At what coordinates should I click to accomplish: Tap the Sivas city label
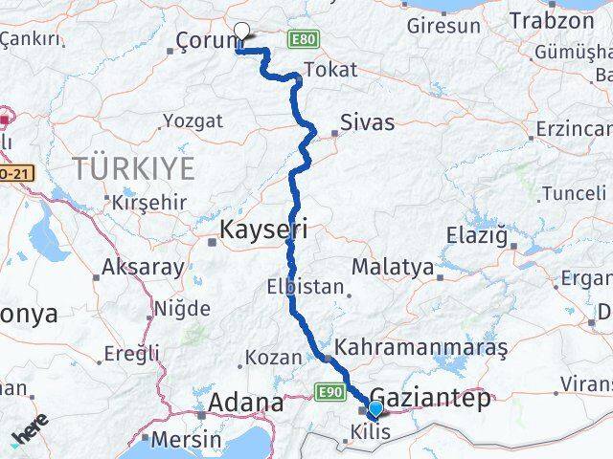[368, 122]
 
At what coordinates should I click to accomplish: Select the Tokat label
[329, 70]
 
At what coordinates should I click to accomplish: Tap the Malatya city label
[393, 267]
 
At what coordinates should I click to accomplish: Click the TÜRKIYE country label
[134, 169]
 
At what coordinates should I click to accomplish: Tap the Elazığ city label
[479, 234]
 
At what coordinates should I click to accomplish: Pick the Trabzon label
[552, 19]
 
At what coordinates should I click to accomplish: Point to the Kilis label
[371, 432]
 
